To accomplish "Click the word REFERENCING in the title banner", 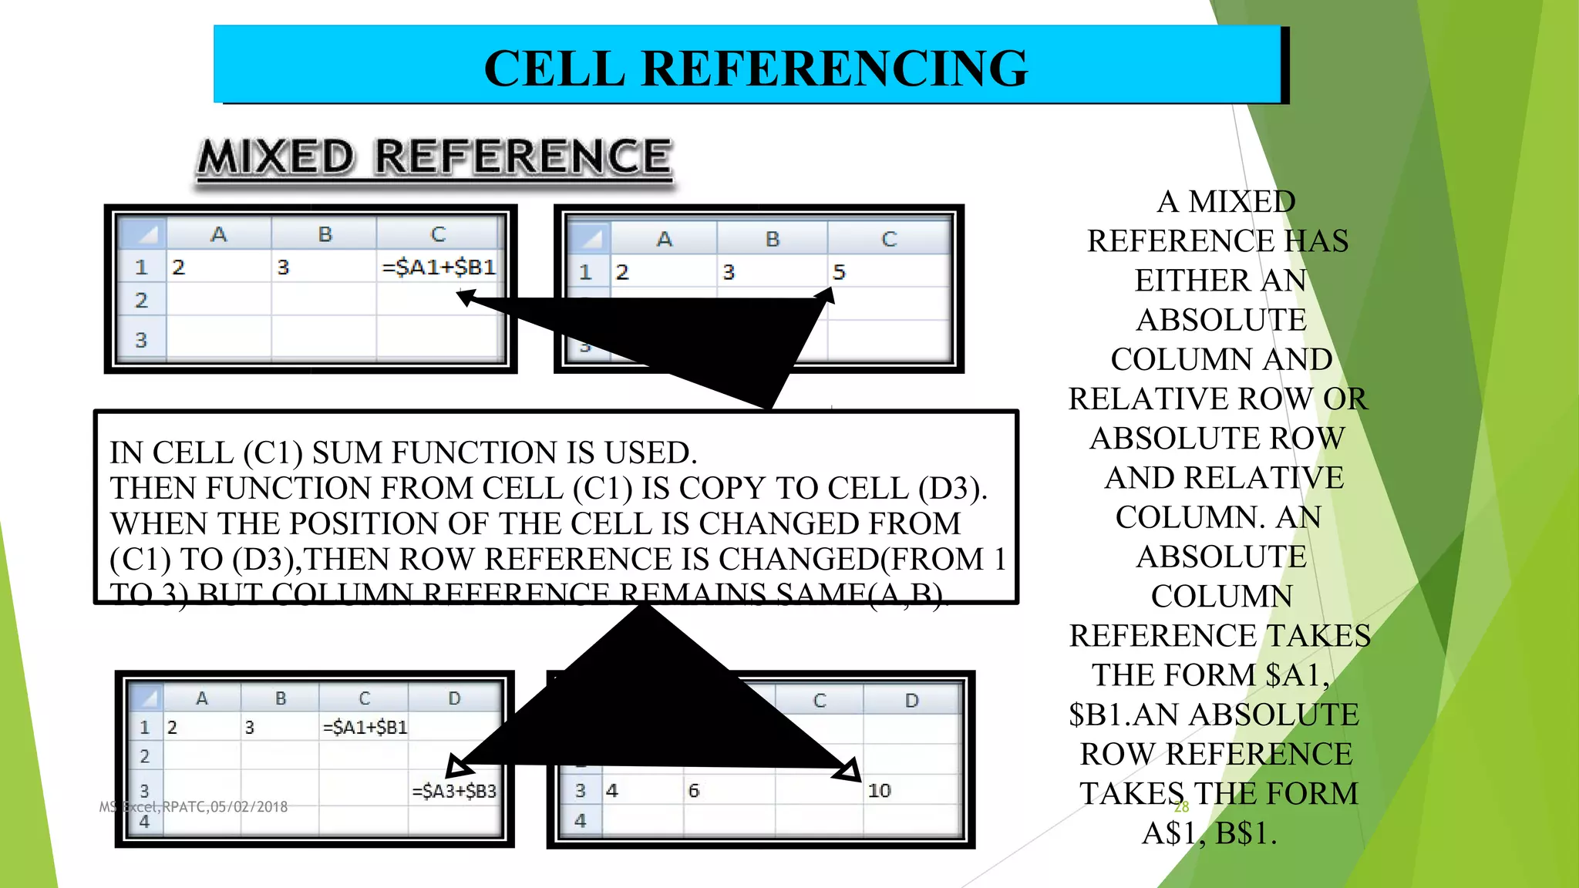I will pyautogui.click(x=834, y=69).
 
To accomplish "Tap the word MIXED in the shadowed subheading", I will pyautogui.click(x=276, y=157).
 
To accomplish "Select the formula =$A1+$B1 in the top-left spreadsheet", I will pyautogui.click(x=439, y=267).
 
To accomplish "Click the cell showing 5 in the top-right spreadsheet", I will pyautogui.click(x=839, y=272).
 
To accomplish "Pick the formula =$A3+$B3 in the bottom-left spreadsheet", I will pyautogui.click(x=454, y=791).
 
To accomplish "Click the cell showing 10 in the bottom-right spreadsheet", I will pyautogui.click(x=879, y=791).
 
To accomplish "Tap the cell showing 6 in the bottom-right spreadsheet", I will pyautogui.click(x=694, y=791).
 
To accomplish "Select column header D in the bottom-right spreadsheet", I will pyautogui.click(x=912, y=701).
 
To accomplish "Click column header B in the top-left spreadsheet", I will pyautogui.click(x=325, y=234).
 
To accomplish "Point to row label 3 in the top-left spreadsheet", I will pyautogui.click(x=141, y=340).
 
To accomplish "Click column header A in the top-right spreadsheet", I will pyautogui.click(x=664, y=239).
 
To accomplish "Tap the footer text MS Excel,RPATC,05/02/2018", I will pyautogui.click(x=194, y=807).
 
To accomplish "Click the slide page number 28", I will pyautogui.click(x=1181, y=807).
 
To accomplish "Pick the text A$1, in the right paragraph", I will pyautogui.click(x=1170, y=833).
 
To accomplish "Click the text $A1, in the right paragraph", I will pyautogui.click(x=1298, y=675).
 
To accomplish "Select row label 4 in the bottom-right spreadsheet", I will pyautogui.click(x=581, y=821).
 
